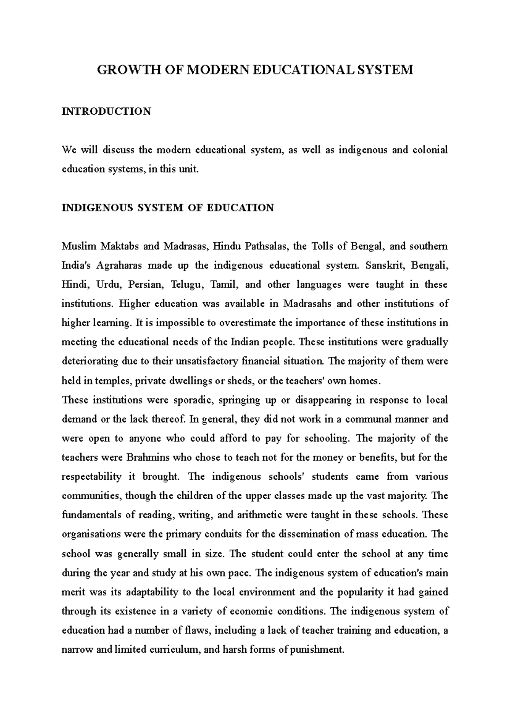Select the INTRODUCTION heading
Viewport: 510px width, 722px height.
click(106, 112)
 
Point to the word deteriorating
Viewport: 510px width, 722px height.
click(90, 361)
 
